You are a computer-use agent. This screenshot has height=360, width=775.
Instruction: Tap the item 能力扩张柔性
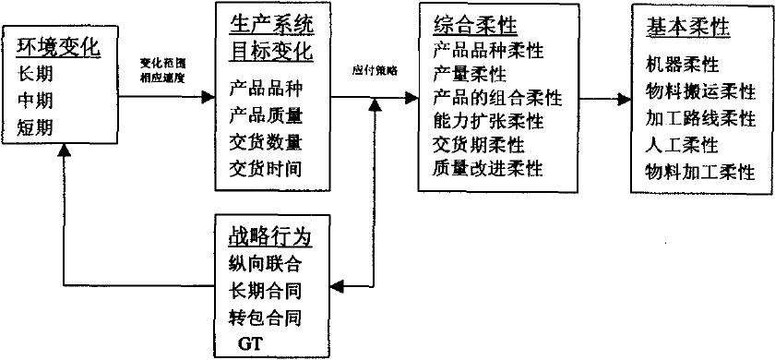pos(488,122)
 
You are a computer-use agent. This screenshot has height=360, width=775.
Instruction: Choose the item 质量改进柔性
pos(488,168)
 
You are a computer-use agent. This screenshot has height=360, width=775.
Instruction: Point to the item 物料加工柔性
pos(699,172)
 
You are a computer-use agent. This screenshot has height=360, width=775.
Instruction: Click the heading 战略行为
pos(268,236)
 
